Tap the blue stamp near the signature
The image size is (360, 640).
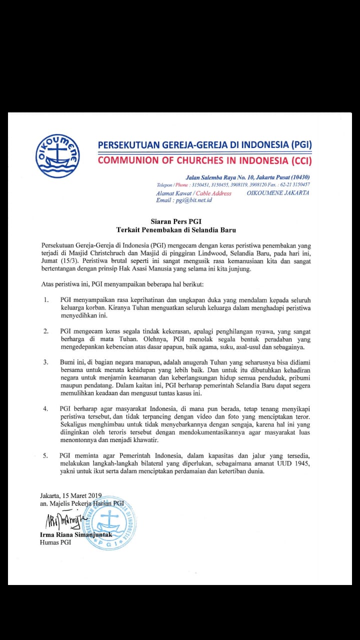click(109, 522)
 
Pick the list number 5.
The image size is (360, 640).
click(45, 455)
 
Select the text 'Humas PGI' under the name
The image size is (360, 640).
click(55, 542)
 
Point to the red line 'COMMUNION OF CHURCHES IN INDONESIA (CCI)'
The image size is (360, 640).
click(204, 161)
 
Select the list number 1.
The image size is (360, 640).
click(45, 299)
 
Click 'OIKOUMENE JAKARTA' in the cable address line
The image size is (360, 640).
click(278, 193)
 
